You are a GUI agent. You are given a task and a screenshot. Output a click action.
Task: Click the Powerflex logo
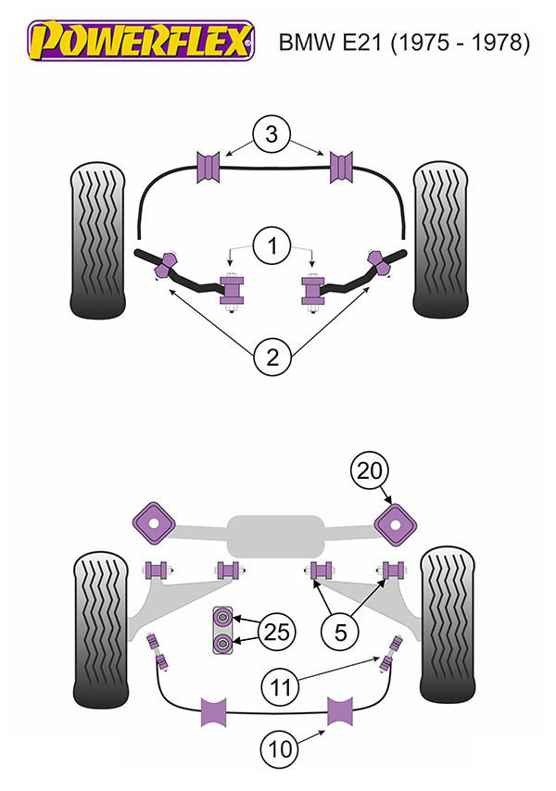point(140,40)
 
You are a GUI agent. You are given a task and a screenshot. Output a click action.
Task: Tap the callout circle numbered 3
point(271,134)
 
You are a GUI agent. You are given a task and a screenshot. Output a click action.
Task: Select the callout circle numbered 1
point(271,246)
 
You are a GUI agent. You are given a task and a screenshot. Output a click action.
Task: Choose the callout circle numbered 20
point(369,472)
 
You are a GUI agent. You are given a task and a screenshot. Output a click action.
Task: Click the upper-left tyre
point(96,240)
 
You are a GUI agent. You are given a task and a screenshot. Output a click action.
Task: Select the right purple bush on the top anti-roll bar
point(345,168)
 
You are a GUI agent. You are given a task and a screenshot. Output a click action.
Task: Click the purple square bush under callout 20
point(396,523)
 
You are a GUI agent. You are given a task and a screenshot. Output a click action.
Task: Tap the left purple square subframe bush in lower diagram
point(155,523)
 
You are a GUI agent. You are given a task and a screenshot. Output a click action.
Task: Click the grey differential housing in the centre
point(274,535)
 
